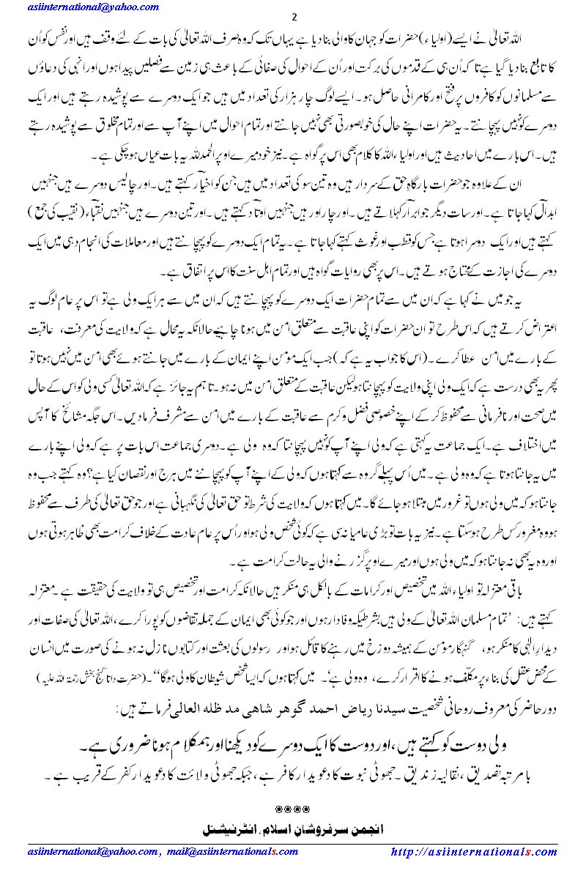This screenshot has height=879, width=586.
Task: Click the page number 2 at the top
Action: [294, 18]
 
